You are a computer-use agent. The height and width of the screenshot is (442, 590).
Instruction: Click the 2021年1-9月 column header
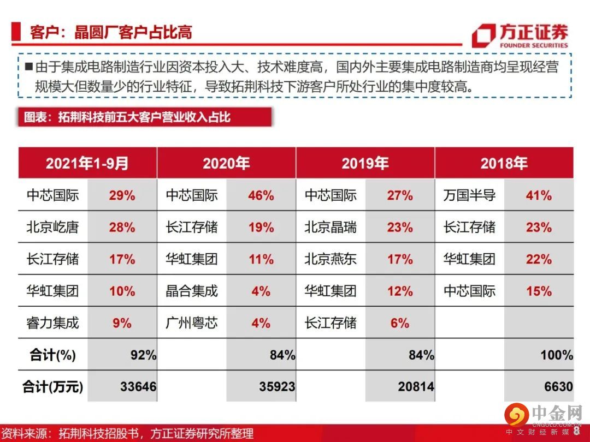(x=87, y=163)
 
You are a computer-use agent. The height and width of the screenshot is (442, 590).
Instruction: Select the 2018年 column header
(x=504, y=163)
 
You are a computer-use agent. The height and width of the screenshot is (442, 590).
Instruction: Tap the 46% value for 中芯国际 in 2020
(x=261, y=195)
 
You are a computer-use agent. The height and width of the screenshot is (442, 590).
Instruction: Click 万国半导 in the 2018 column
(x=469, y=195)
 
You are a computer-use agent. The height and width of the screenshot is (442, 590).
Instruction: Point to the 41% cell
(x=539, y=195)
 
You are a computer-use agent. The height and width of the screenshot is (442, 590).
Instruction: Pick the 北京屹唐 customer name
(x=52, y=227)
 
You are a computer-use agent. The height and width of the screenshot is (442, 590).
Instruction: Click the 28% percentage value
(x=122, y=227)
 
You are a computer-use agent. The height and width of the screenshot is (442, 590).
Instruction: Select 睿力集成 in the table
(x=52, y=323)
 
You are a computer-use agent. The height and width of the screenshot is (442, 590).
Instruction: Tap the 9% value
(x=122, y=323)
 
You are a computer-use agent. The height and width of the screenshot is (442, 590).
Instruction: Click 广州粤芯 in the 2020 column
(x=192, y=323)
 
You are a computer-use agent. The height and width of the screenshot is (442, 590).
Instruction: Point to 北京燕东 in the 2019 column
(x=331, y=259)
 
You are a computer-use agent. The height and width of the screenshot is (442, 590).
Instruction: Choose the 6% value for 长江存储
(x=400, y=323)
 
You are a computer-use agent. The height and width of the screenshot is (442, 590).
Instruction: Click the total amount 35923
(x=277, y=387)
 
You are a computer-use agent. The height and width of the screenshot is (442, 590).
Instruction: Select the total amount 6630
(x=558, y=387)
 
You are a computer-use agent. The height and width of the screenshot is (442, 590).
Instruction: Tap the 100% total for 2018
(x=557, y=355)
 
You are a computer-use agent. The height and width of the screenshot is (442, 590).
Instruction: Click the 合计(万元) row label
(x=52, y=387)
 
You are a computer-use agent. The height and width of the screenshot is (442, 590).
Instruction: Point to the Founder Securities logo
(x=520, y=35)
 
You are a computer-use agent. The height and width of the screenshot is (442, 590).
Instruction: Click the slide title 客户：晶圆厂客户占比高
(x=111, y=32)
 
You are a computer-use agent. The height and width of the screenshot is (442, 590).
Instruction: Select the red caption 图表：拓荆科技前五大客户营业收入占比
(x=127, y=117)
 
